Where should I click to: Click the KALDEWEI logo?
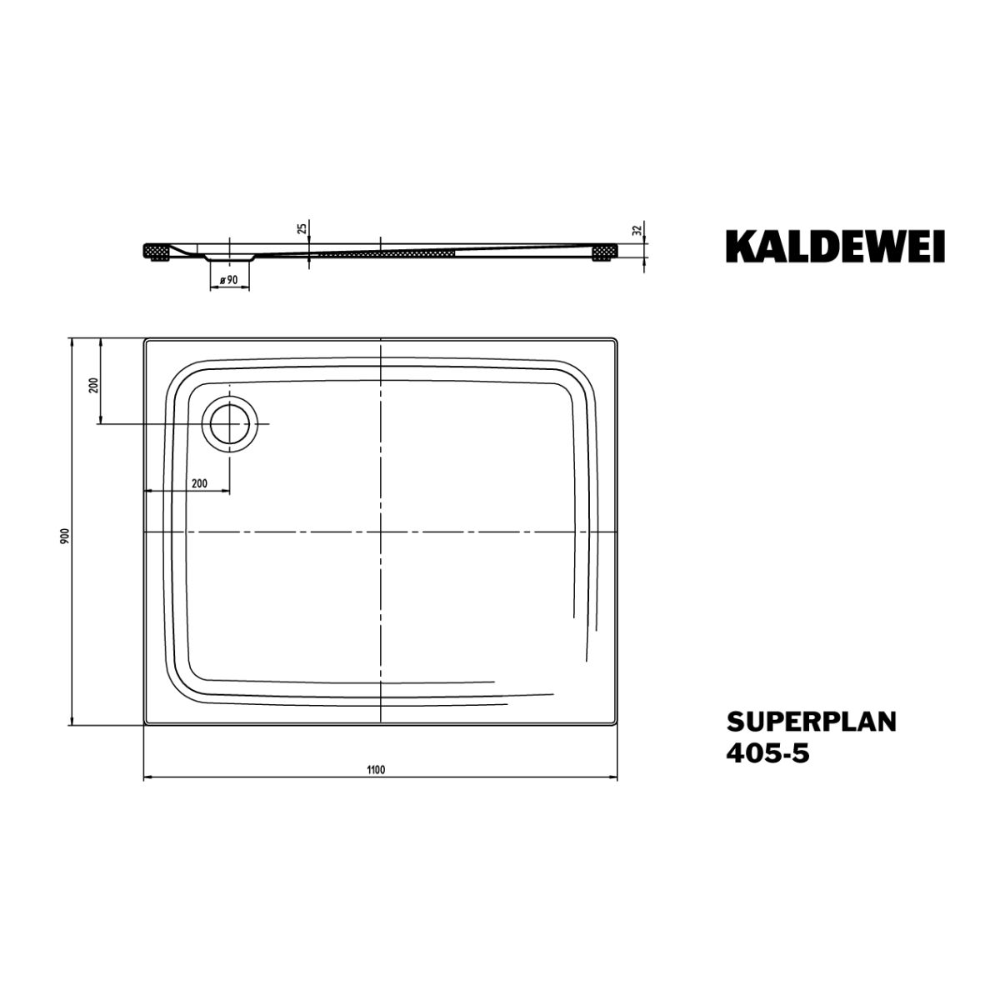pyautogui.click(x=835, y=246)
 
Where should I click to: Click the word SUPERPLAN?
pyautogui.click(x=811, y=722)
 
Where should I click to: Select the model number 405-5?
pyautogui.click(x=767, y=754)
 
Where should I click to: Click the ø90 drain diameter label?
pyautogui.click(x=229, y=280)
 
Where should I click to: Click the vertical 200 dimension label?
pyautogui.click(x=94, y=386)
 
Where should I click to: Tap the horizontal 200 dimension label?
pyautogui.click(x=199, y=483)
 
